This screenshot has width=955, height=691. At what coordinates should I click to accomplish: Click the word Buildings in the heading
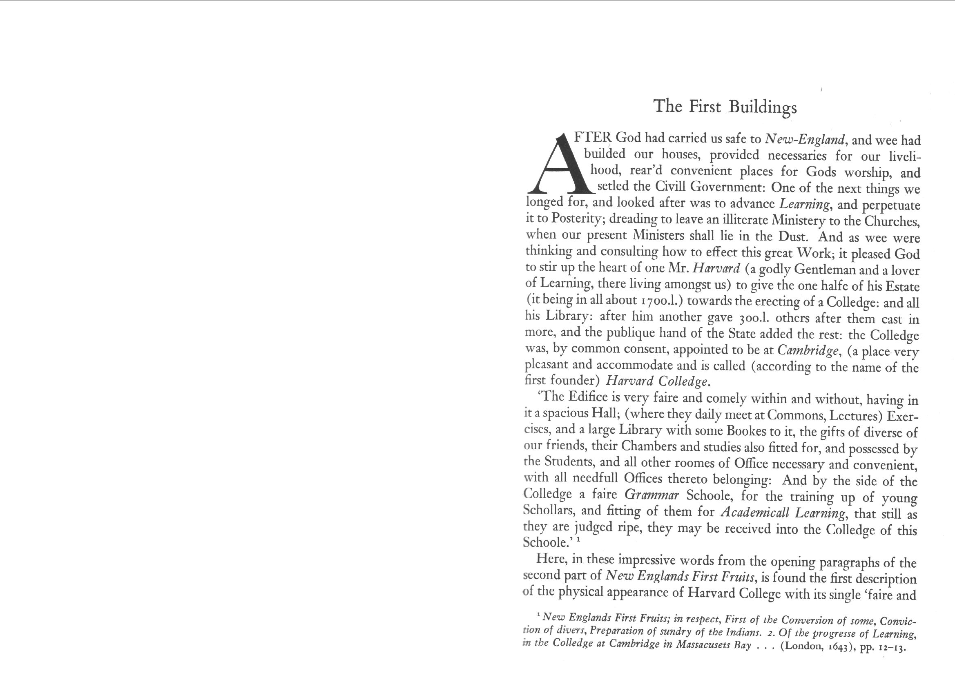763,107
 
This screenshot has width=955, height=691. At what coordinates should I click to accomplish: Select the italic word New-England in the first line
803,139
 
